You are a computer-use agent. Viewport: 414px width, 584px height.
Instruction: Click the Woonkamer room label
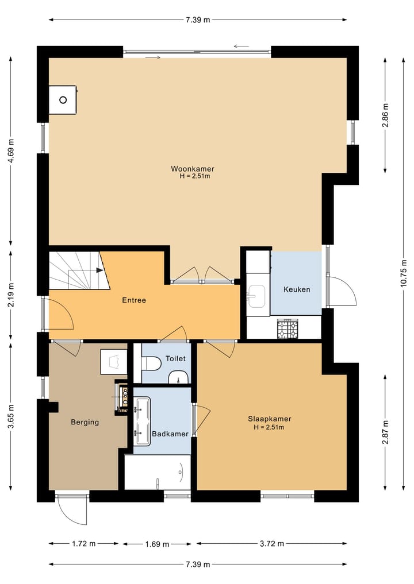click(x=193, y=169)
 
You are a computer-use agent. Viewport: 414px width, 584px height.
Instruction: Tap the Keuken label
click(x=297, y=289)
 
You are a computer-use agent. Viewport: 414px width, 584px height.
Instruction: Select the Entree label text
click(x=134, y=300)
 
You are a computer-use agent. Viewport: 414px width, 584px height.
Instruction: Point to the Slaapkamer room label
click(x=269, y=419)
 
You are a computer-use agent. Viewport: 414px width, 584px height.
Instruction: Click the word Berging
click(x=85, y=423)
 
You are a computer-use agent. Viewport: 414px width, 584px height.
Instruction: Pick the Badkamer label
click(x=170, y=434)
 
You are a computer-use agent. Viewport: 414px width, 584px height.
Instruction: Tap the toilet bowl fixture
click(x=151, y=363)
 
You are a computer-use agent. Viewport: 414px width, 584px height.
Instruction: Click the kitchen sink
click(x=256, y=296)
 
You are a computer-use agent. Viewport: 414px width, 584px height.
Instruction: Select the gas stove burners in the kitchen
click(x=287, y=329)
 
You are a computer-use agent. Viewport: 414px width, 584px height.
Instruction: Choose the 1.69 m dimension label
click(x=157, y=544)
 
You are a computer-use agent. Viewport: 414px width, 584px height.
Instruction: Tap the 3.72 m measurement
click(x=272, y=544)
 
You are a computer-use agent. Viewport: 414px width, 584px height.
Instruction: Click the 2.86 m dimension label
click(x=385, y=115)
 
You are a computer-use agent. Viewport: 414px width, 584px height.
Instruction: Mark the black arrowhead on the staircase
click(x=99, y=270)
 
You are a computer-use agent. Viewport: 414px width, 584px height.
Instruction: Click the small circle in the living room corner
click(x=63, y=100)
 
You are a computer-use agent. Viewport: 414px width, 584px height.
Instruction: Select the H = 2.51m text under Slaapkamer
click(x=269, y=427)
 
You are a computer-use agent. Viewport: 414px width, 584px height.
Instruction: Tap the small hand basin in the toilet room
click(x=179, y=378)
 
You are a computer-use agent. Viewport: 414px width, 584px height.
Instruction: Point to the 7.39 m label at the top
click(x=198, y=20)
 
